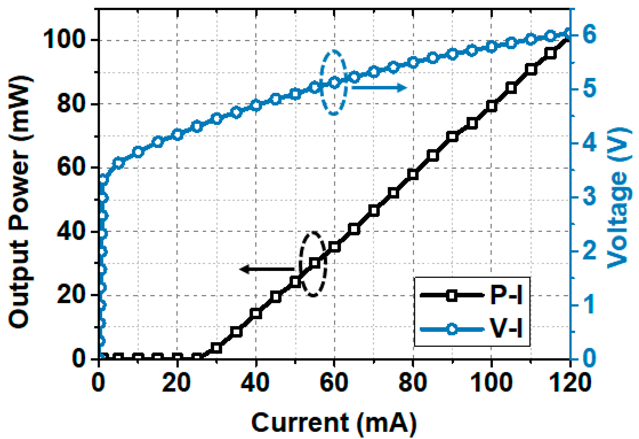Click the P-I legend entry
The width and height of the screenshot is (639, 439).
coord(472,295)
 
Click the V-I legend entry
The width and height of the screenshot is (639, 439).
coord(472,329)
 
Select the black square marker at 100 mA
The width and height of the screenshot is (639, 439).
coord(492,106)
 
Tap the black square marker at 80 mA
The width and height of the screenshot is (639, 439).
coord(413,174)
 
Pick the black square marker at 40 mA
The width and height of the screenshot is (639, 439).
coord(256,314)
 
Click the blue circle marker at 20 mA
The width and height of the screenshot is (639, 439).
coord(178,135)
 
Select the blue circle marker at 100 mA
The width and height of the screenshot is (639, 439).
coord(492,47)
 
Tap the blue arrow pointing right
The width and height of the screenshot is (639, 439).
coord(379,88)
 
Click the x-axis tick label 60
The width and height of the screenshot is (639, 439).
coord(334,383)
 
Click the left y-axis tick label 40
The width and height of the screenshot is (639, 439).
coord(70,232)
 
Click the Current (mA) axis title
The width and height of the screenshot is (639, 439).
coord(334,423)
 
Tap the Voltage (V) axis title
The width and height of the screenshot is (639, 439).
coord(619,198)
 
